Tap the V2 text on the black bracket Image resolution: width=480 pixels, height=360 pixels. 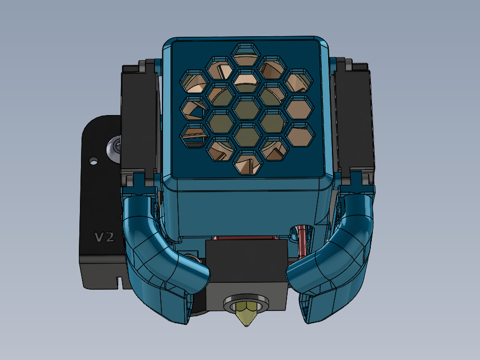[104, 237]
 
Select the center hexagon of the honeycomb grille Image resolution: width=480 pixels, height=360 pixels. [247, 108]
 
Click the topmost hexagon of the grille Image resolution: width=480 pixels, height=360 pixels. [246, 54]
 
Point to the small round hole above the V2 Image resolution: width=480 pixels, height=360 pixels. [93, 160]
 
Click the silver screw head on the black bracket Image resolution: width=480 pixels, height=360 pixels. [114, 149]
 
